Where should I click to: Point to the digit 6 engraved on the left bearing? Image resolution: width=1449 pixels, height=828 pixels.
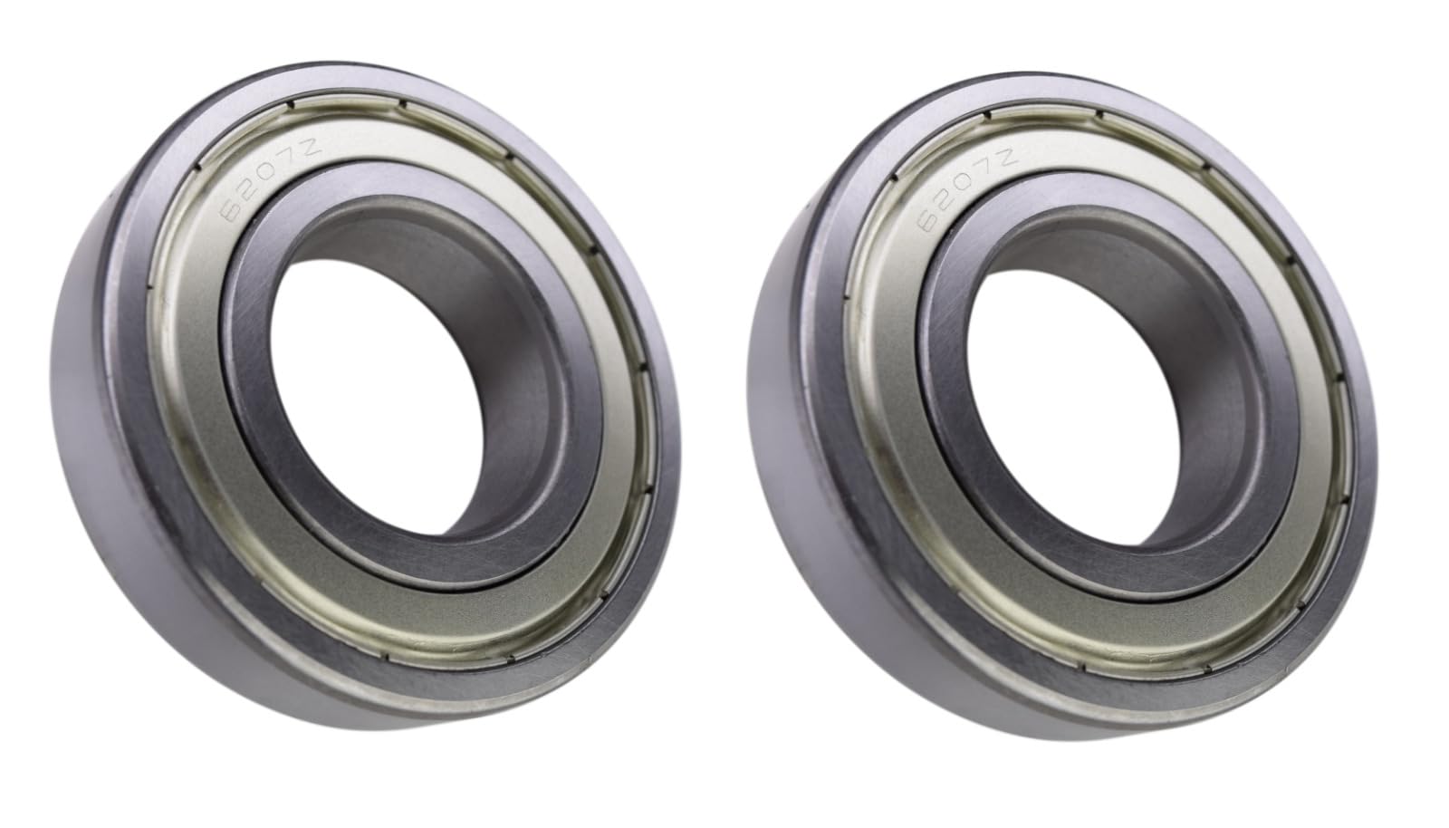tap(230, 212)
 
